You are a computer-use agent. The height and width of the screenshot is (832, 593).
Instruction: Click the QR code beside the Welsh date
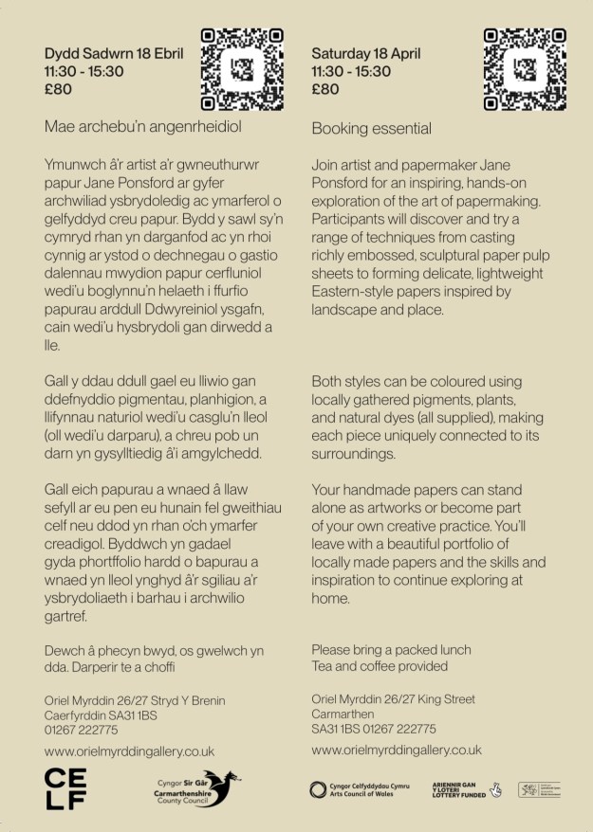[x=243, y=68]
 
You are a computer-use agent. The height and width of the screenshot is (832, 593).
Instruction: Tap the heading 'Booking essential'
[x=371, y=128]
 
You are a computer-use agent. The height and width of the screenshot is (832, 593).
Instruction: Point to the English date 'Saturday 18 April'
[x=365, y=53]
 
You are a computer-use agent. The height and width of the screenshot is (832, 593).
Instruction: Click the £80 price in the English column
[x=325, y=90]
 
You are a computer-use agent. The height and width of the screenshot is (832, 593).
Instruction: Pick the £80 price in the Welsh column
[x=59, y=90]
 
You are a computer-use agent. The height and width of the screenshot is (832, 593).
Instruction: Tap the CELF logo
[x=65, y=789]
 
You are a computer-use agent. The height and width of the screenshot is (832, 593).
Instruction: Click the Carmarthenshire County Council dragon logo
[x=198, y=788]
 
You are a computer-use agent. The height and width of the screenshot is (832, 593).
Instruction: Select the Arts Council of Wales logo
[x=364, y=789]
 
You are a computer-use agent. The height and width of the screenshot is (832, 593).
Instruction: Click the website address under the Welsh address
[x=130, y=751]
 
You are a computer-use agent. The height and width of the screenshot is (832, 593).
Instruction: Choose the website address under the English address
[x=397, y=750]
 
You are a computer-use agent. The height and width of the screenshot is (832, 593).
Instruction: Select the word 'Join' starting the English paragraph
[x=324, y=165]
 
